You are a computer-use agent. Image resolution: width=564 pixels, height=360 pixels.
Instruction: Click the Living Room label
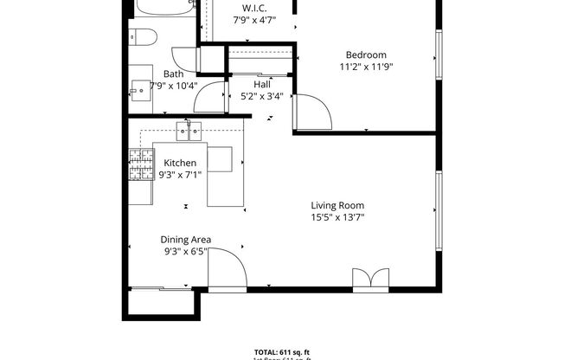click(337, 205)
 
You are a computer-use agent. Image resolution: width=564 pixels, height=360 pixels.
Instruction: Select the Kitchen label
click(180, 163)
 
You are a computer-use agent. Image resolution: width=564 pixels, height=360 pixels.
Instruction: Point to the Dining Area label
click(185, 240)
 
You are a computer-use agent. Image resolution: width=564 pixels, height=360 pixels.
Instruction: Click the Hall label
click(262, 84)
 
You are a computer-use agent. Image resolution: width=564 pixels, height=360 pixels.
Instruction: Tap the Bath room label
click(173, 74)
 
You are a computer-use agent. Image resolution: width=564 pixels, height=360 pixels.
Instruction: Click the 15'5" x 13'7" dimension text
click(337, 217)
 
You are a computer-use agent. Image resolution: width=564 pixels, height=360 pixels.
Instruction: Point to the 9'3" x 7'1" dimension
click(180, 174)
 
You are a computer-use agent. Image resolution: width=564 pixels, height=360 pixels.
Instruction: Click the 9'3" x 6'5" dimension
click(185, 252)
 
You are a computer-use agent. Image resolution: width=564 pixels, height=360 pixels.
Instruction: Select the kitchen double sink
click(189, 132)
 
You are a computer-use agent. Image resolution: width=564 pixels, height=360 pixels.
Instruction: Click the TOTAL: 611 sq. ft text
click(281, 352)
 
